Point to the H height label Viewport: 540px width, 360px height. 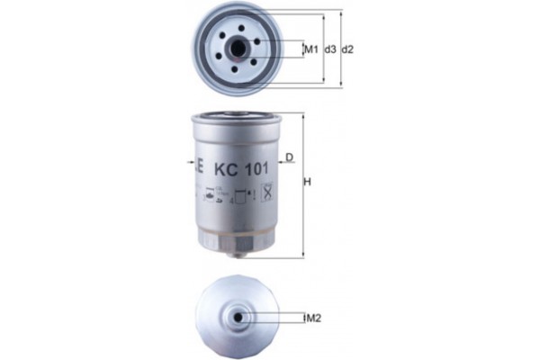click(309, 183)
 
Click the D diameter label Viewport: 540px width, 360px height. click(290, 159)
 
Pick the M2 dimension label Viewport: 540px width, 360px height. click(312, 318)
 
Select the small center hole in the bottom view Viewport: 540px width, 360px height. click(238, 317)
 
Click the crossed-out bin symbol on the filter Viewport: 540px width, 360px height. click(267, 192)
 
